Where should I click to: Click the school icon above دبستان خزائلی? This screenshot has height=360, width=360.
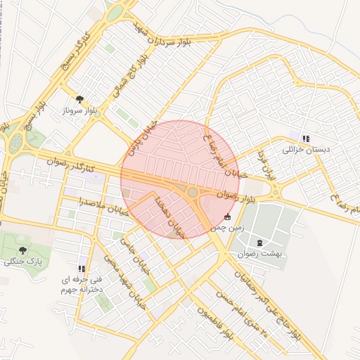click(x=305, y=138)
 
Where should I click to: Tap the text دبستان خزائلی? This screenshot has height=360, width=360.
click(x=306, y=150)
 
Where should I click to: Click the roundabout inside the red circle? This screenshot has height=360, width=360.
click(x=193, y=192)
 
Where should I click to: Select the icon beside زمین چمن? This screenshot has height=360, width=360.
click(x=227, y=217)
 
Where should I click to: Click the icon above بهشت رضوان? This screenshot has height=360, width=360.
click(x=260, y=243)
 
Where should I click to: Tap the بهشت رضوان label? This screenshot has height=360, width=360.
click(x=259, y=254)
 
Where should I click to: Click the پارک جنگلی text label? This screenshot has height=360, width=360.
click(x=22, y=262)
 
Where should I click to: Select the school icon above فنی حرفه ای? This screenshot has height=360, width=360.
click(x=82, y=268)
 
